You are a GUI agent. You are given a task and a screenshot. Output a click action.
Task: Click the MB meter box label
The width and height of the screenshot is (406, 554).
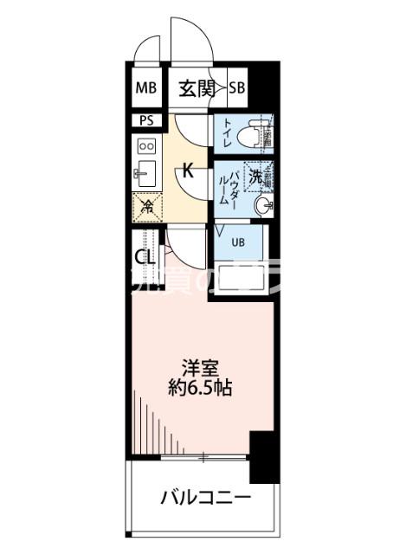(146, 87)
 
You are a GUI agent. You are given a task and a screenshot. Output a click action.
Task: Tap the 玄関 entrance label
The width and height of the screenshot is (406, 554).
(197, 87)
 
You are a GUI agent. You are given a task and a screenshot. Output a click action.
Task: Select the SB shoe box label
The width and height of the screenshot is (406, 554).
(237, 87)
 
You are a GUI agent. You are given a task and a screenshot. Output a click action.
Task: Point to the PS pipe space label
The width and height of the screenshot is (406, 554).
(145, 120)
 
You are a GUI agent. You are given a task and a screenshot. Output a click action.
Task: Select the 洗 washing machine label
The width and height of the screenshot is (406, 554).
(255, 176)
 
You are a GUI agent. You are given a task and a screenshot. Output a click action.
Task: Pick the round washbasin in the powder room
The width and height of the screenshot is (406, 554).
(264, 206)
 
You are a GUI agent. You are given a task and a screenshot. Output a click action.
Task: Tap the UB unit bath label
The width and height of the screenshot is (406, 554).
(238, 242)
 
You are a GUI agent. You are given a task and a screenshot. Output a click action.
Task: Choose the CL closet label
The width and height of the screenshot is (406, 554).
(145, 257)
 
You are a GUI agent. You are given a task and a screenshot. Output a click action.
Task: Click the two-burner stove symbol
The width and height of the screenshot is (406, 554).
(145, 145)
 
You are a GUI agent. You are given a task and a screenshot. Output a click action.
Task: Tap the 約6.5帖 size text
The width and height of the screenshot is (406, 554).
(201, 388)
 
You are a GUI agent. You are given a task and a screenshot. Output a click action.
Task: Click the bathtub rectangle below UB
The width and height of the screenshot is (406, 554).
(243, 274)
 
